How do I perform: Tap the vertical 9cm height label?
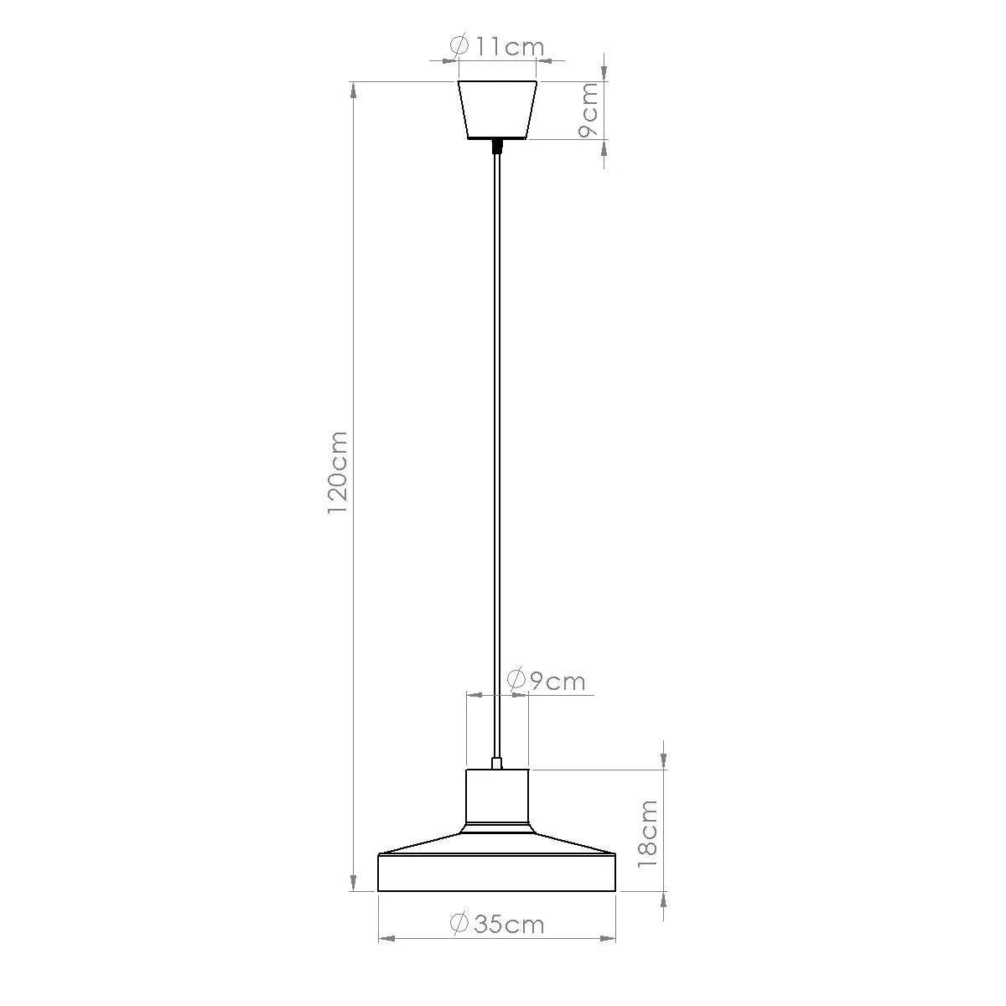[x=589, y=111]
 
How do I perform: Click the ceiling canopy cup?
[x=497, y=109]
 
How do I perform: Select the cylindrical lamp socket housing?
[x=497, y=796]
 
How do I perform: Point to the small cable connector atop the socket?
[x=497, y=763]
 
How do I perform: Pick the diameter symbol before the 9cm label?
[x=516, y=681]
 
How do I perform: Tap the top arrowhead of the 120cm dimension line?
[x=354, y=89]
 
